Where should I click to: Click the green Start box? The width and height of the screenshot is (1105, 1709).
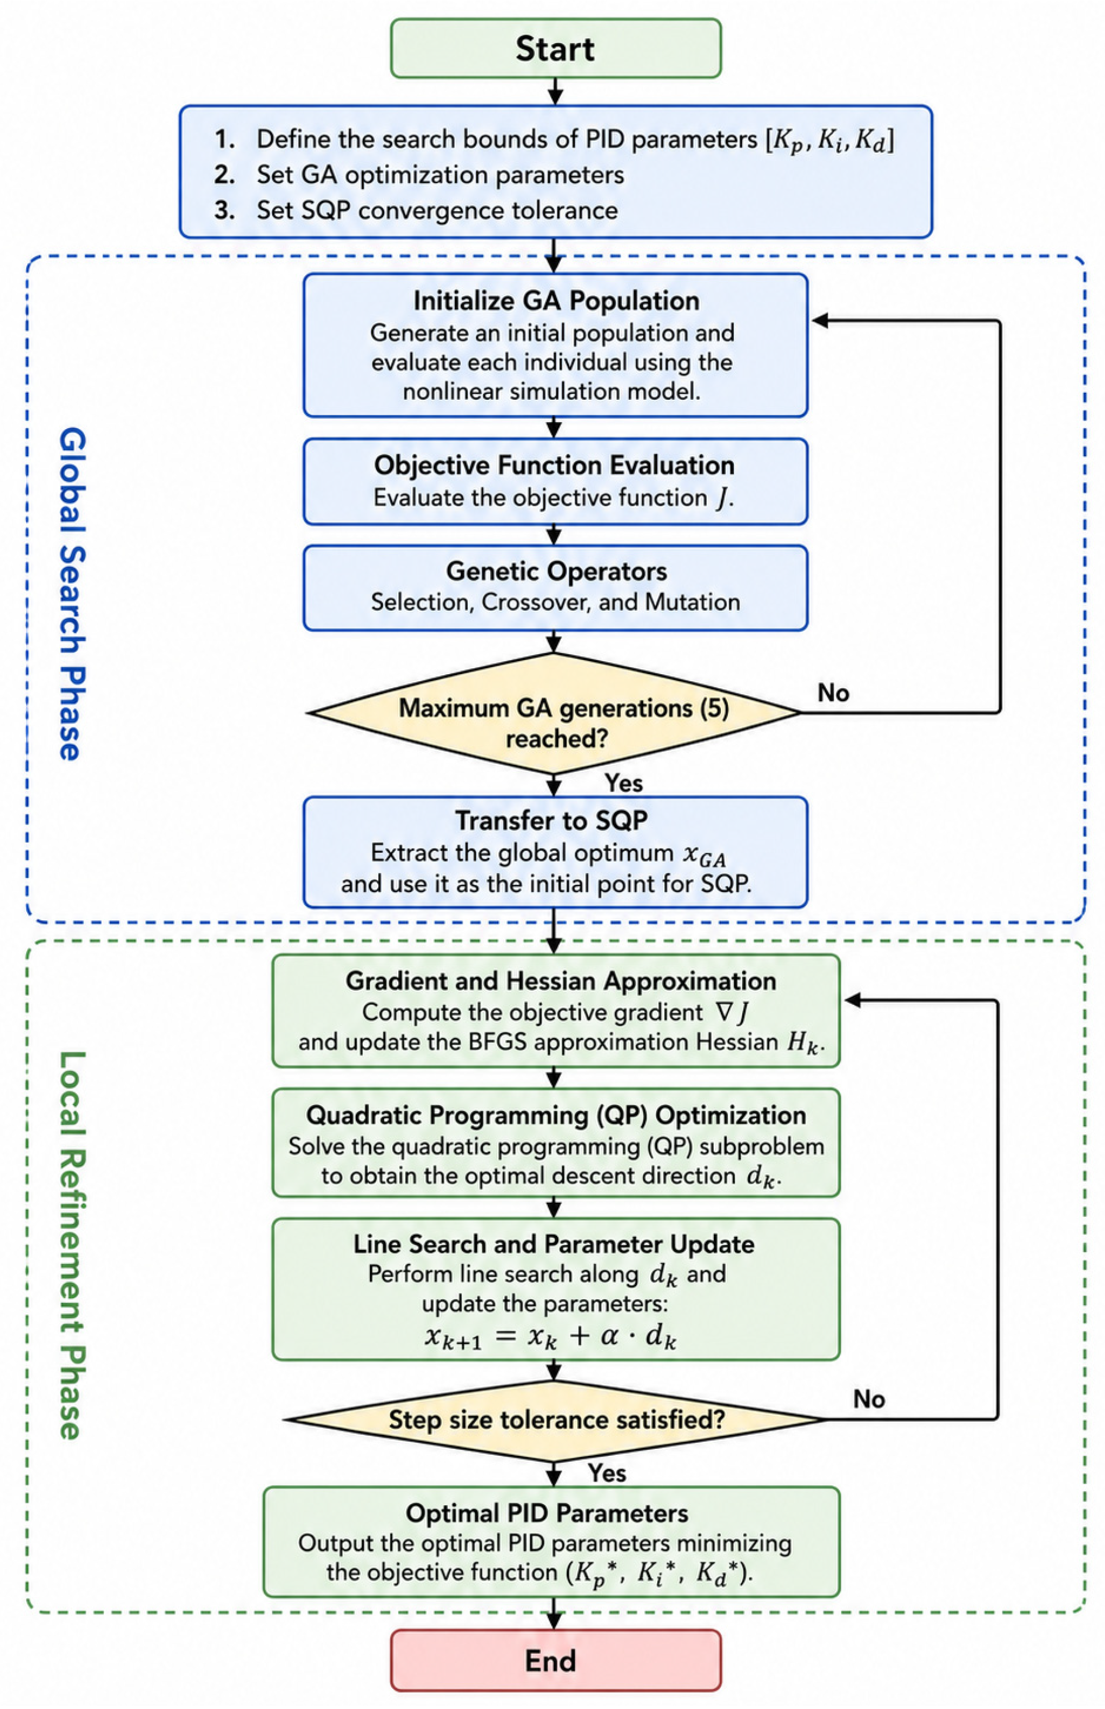[555, 48]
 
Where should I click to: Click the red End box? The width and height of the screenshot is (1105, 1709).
[555, 1660]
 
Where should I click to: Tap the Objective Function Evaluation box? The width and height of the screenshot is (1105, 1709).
[555, 481]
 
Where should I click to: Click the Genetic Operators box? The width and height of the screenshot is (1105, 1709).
[555, 588]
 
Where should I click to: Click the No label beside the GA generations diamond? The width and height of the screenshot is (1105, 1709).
[833, 693]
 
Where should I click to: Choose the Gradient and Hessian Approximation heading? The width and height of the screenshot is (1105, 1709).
[561, 981]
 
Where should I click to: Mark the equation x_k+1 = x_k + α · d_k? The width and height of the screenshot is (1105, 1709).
[550, 1337]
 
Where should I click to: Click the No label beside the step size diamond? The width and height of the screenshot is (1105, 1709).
[869, 1398]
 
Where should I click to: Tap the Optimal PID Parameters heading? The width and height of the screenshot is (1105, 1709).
[547, 1512]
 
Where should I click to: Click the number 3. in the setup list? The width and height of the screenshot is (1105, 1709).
[224, 210]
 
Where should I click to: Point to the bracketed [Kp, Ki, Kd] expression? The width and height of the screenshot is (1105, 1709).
[830, 140]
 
